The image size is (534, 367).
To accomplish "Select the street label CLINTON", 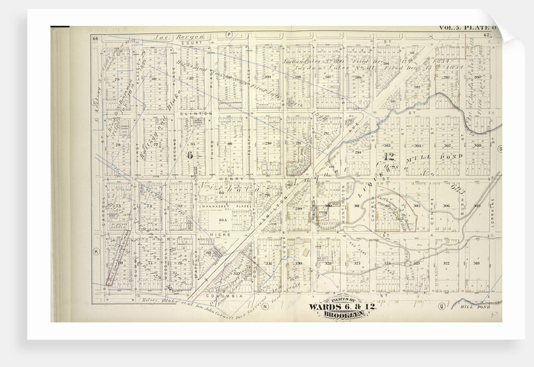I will pyautogui.click(x=189, y=113).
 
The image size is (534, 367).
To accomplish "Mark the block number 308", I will pyautogui.click(x=477, y=145).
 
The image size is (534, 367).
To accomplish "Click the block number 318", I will pyautogui.click(x=477, y=263).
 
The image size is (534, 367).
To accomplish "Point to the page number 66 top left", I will pyautogui.click(x=95, y=39).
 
